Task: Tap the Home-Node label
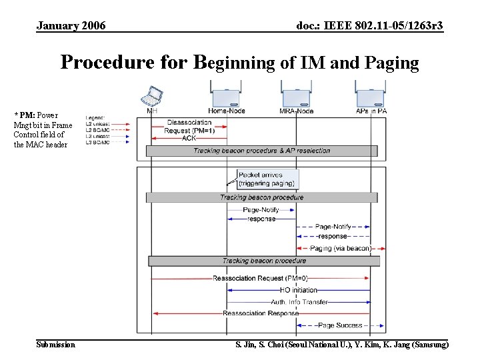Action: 226,111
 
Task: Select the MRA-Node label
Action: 297,111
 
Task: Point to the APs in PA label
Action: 371,111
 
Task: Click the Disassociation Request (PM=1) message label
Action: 189,127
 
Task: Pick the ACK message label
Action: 189,138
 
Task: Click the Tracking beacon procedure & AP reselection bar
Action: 262,151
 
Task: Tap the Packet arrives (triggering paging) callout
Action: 267,179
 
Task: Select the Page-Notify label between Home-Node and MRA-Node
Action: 261,209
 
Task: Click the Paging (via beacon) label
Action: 340,248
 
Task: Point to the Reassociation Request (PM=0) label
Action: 260,278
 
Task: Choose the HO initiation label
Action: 299,290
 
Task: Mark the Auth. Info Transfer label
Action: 299,302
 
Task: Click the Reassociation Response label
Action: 261,313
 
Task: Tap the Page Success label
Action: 340,325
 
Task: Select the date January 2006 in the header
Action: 71,26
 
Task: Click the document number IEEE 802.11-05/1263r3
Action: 370,26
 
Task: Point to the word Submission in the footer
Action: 56,345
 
